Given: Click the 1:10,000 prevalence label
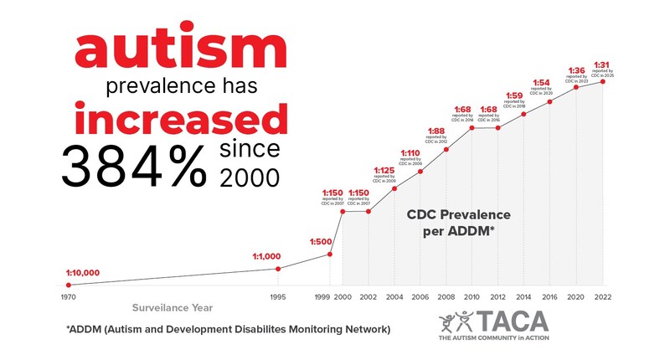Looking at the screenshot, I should pos(83,273).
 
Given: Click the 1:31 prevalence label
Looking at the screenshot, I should pos(602,64).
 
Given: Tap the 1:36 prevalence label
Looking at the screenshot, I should pos(576,69).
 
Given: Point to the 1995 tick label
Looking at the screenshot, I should pos(278,297).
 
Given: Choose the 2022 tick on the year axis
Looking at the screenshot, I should pos(602,297).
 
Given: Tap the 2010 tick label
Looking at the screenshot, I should pos(472,297).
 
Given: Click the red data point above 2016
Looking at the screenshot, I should pos(550,101).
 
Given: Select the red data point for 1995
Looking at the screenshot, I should pos(278,268).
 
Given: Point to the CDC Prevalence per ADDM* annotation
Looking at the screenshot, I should pos(458,223).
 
